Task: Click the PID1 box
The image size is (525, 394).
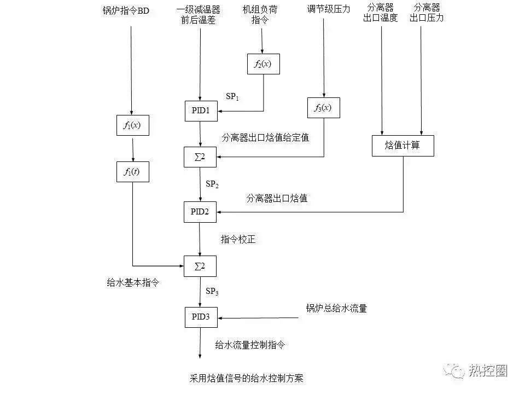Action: tap(200, 111)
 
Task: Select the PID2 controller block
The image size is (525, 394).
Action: tap(200, 212)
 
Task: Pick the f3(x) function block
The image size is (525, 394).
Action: tap(323, 108)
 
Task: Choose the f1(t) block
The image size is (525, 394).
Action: tap(132, 172)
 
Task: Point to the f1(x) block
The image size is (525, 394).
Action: tap(132, 125)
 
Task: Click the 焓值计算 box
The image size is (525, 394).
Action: tap(402, 146)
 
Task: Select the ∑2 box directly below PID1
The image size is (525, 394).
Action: tap(200, 158)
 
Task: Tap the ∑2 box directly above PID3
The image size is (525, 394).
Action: tap(200, 266)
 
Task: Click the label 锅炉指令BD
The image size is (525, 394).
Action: tap(126, 10)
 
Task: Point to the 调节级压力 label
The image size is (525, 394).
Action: tap(328, 9)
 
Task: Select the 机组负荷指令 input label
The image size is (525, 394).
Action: tap(263, 14)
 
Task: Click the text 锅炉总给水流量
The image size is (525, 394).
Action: tap(336, 309)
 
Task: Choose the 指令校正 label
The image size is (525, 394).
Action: tap(238, 239)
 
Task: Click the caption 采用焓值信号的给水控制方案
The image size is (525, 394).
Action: tap(246, 378)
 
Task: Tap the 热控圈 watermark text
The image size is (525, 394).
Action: tap(488, 370)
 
